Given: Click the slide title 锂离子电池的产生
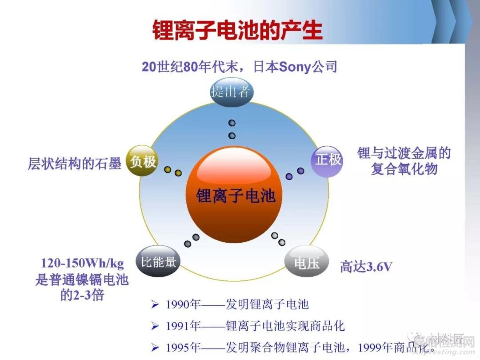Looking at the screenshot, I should coord(237,30).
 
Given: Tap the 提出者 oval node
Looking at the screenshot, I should coord(232,92).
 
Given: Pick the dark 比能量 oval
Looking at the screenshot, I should coord(159,262).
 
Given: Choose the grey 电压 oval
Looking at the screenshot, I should coord(307,263).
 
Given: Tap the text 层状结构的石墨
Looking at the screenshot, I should coord(75,164).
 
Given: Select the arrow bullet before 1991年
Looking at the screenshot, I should coord(155,326).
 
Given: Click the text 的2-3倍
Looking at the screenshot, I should coord(82,295).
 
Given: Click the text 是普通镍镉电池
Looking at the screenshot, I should coord(82,280).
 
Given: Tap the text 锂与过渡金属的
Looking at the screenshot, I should coord(404,154).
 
